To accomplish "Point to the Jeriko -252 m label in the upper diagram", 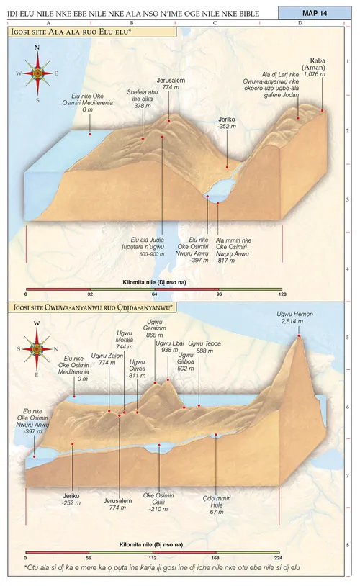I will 227,123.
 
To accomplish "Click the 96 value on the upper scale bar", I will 218,294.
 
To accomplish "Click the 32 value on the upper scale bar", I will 90,294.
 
